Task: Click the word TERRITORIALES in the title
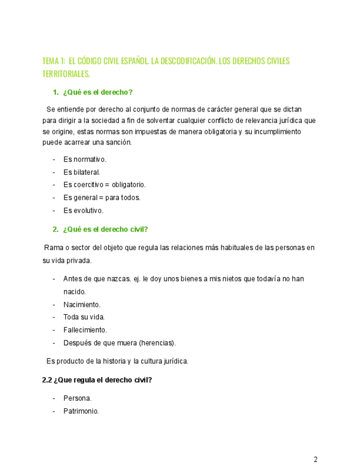[x=66, y=74]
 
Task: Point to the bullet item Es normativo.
[x=85, y=159]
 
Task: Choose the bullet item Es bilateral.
[x=81, y=172]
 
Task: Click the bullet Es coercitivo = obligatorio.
[x=104, y=185]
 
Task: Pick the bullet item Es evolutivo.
[x=83, y=210]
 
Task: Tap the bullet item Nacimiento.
[x=81, y=304]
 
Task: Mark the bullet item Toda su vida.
[x=84, y=317]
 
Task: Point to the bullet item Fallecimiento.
[x=85, y=330]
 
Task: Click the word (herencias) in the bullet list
[x=157, y=343]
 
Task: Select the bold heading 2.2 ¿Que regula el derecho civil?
[x=97, y=380]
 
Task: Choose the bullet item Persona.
[x=77, y=398]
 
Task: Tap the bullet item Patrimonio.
[x=81, y=410]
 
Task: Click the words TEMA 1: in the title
[x=54, y=61]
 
